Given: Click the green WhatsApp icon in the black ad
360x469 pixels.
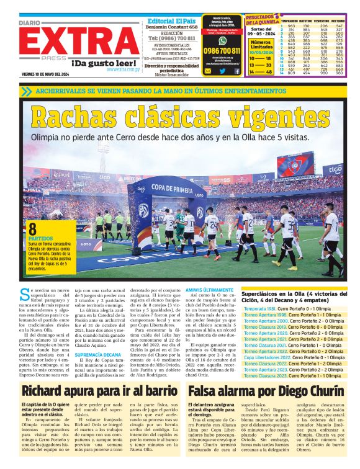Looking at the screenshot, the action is click(x=223, y=40).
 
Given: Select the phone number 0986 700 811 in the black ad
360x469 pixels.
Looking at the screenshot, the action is click(x=222, y=50).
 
